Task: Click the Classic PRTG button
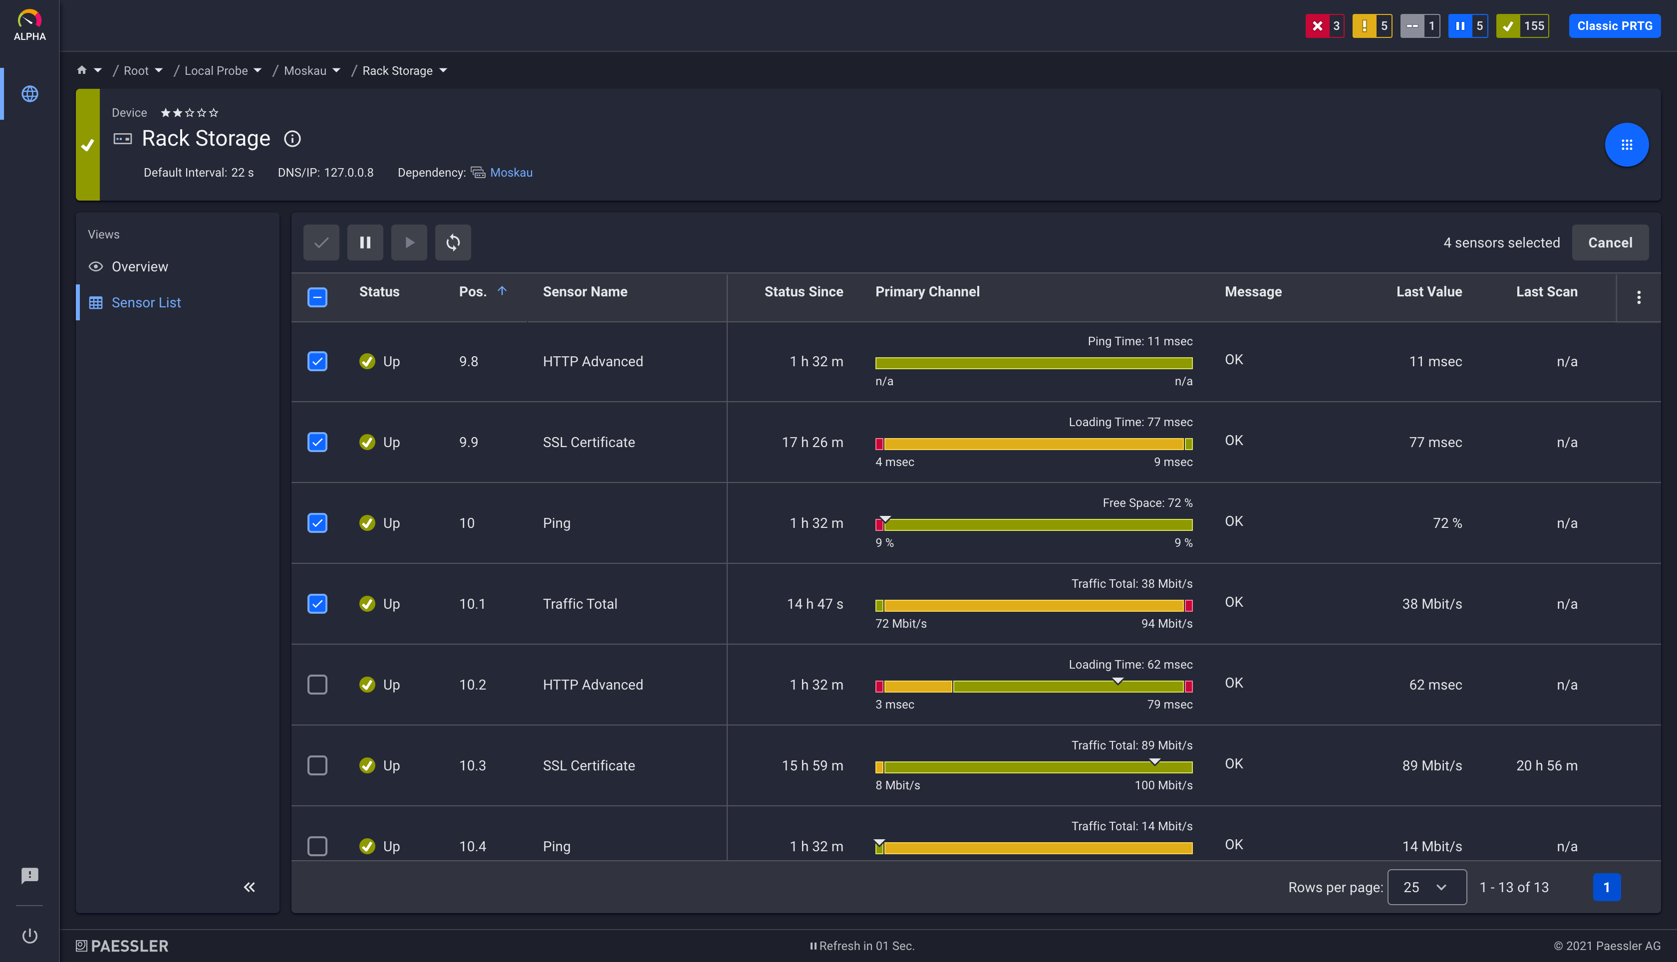1614,26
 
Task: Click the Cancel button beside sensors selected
1610,242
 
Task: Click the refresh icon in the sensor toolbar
453,242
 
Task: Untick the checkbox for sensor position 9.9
317,442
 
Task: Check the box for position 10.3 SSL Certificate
317,765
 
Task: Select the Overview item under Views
139,266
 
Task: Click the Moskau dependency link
511,173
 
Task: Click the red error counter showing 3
1324,26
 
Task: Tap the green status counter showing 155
1522,26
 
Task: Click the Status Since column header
803,291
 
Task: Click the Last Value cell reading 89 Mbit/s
1431,765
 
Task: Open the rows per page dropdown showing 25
1426,887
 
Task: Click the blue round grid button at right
1626,145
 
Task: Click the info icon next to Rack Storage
292,139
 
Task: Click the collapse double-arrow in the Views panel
249,887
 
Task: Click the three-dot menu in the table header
1639,297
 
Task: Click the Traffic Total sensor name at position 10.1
579,604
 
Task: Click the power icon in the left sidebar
30,936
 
